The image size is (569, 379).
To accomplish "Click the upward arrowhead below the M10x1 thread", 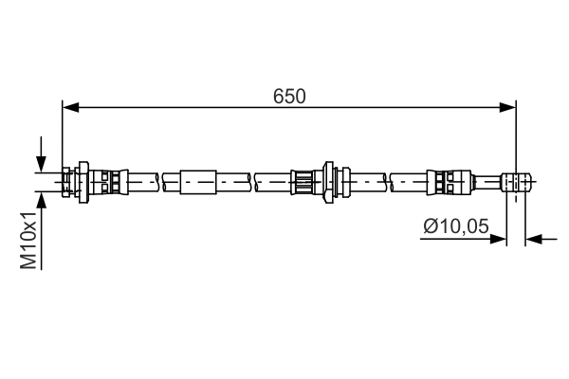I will tap(41, 198).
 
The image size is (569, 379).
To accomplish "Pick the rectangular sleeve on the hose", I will tap(199, 179).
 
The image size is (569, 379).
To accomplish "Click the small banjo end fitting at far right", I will tap(514, 180).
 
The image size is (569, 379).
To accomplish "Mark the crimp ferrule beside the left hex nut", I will tap(109, 179).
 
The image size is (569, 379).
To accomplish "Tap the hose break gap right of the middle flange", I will tap(388, 179).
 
